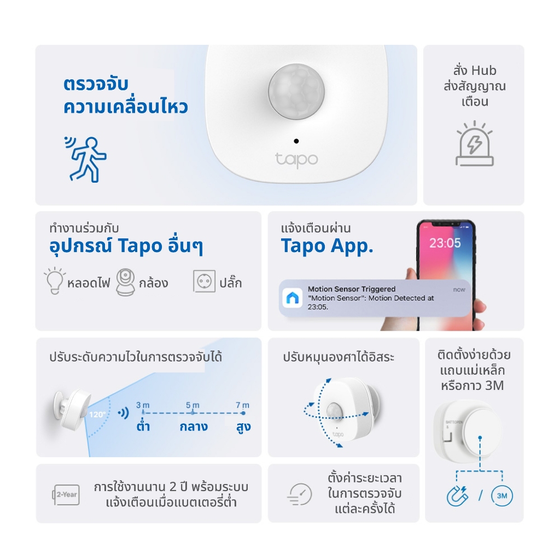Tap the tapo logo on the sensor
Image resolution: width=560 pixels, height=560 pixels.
(x=296, y=160)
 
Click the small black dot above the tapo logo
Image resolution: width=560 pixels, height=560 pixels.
(x=296, y=141)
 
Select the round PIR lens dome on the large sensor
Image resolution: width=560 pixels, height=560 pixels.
(x=296, y=91)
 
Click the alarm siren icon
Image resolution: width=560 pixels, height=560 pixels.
(x=475, y=144)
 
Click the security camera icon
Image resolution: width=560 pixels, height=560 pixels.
(x=125, y=282)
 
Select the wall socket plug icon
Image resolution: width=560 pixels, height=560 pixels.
(x=205, y=282)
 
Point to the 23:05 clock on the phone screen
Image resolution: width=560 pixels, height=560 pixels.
(x=445, y=243)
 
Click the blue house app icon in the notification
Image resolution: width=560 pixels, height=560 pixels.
(x=293, y=297)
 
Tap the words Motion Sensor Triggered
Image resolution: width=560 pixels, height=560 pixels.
(x=352, y=289)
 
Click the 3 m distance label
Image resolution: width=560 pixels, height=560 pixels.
(x=143, y=405)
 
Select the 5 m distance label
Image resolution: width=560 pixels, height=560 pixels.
(x=192, y=405)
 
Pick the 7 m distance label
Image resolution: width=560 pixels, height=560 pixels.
(x=242, y=405)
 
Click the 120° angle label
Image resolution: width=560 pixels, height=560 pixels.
(x=97, y=415)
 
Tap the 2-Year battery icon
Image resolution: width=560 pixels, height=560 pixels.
(x=66, y=494)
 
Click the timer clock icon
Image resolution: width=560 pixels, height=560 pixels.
(x=300, y=494)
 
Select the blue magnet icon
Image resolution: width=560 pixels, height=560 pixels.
(x=458, y=495)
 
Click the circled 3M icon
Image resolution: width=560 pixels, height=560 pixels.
(x=502, y=495)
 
